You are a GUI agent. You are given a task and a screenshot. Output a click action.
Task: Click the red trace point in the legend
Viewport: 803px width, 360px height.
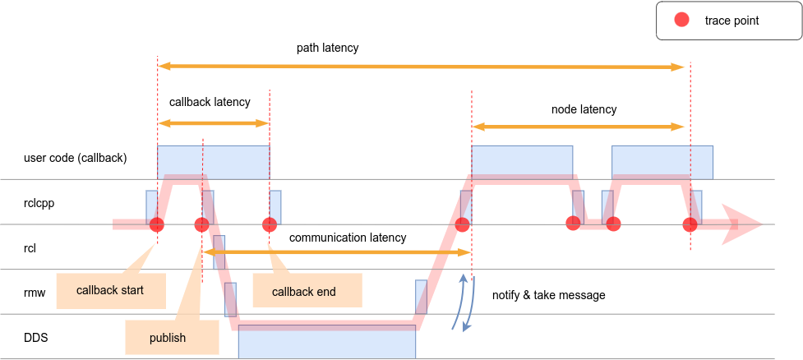681,21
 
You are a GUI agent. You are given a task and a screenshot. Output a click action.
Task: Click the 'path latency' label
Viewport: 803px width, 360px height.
327,48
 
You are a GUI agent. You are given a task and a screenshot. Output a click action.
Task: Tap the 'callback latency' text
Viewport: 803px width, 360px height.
210,103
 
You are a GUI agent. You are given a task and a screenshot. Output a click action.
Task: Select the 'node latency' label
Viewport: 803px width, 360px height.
584,108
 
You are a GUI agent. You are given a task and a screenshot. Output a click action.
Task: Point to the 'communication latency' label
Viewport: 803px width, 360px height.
348,238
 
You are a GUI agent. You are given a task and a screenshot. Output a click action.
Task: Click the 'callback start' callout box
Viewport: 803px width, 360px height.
109,290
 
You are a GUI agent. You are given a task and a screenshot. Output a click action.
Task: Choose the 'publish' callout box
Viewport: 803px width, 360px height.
168,338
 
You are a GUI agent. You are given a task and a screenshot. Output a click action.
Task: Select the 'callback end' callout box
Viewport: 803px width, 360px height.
304,291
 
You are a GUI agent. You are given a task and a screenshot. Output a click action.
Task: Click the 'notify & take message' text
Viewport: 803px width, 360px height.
548,295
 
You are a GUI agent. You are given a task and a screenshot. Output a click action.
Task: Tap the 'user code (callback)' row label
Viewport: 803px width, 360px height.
76,157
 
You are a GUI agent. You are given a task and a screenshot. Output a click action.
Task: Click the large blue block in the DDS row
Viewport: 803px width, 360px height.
326,341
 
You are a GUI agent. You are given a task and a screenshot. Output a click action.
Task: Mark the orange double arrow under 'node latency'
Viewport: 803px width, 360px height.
578,127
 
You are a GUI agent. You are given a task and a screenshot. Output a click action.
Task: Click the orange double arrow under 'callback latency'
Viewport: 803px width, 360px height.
214,123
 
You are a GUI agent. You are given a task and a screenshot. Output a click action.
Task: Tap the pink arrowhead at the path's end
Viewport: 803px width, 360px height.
741,224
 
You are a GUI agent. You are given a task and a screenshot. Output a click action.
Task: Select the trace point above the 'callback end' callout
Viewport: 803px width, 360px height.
269,224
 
